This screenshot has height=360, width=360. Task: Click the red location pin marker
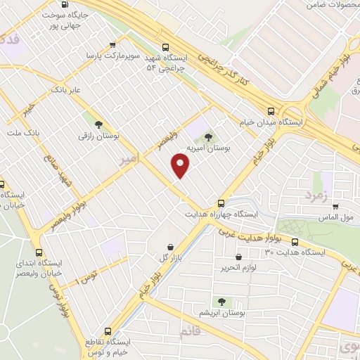[x=181, y=165]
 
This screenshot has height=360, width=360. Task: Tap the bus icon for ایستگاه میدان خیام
[x=271, y=110]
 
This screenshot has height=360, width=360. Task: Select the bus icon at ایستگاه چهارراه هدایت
[x=221, y=202]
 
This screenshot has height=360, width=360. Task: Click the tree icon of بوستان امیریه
[x=209, y=136]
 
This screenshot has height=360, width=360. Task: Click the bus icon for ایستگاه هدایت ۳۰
[x=294, y=241]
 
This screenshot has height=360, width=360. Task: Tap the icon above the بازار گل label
[x=171, y=247]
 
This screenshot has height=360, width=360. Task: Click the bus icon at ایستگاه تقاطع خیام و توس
[x=108, y=331]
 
